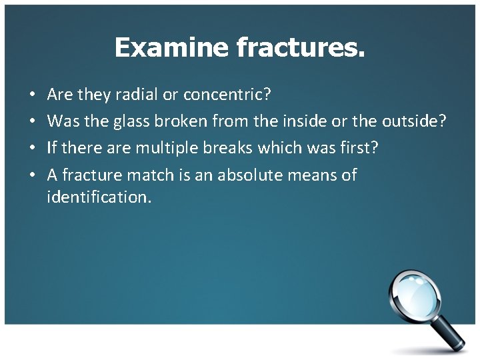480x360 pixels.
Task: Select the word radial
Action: pyautogui.click(x=137, y=95)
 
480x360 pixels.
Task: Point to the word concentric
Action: pyautogui.click(x=227, y=95)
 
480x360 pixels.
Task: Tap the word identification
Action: pyautogui.click(x=99, y=197)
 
